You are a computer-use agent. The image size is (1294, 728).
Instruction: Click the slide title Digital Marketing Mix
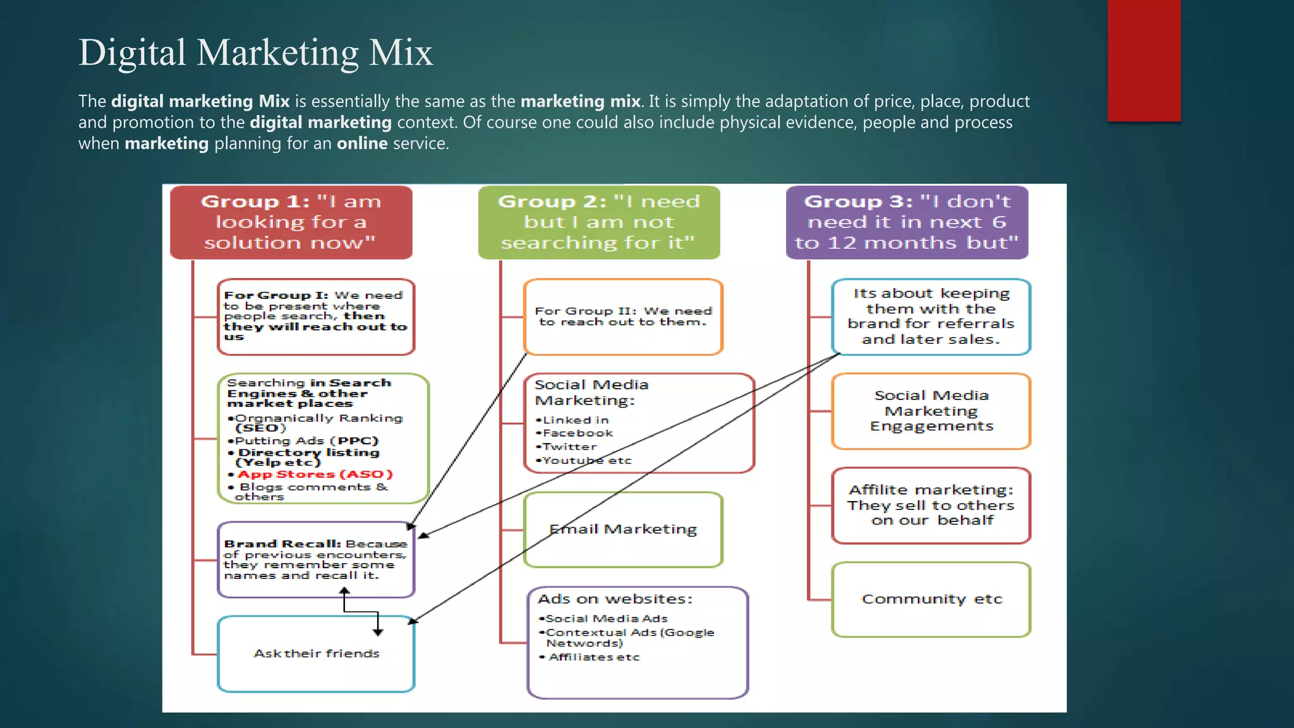tap(255, 52)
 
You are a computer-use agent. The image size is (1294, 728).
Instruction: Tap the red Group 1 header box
tap(291, 222)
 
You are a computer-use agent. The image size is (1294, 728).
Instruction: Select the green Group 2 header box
tap(598, 222)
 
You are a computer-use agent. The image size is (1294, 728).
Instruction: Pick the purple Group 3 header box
tap(907, 222)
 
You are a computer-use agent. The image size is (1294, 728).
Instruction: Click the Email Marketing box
tap(623, 530)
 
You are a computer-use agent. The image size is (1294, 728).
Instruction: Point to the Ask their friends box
tap(316, 654)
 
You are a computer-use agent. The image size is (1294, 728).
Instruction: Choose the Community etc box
tap(931, 599)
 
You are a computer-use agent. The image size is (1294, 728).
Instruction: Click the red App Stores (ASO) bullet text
tap(315, 475)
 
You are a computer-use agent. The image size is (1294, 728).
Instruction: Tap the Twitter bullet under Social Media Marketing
tap(569, 447)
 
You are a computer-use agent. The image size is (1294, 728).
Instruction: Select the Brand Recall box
tap(315, 560)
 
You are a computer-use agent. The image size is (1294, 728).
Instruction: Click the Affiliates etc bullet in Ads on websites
tap(594, 657)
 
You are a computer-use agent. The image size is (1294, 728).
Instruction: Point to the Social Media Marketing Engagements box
tap(931, 411)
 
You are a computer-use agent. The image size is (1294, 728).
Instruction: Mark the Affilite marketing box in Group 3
tap(931, 505)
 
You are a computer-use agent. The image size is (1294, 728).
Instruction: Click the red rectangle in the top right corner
tap(1144, 60)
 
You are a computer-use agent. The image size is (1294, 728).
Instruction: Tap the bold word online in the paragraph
tap(362, 143)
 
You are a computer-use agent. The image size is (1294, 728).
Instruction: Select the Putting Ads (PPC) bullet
tap(306, 441)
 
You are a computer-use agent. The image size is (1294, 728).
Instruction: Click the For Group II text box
tap(623, 317)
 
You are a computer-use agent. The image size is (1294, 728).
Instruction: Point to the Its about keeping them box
tap(931, 317)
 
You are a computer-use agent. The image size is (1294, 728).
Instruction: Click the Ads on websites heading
tap(615, 599)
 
